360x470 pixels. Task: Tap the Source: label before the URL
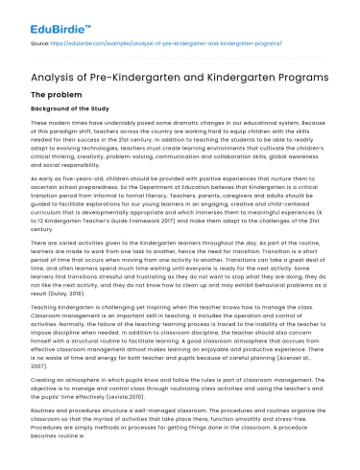[42, 43]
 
